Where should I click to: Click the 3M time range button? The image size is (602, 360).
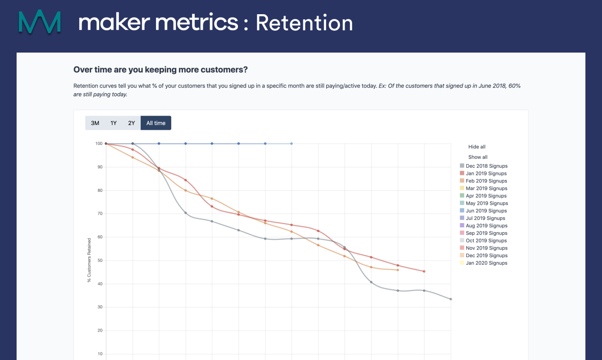tap(95, 123)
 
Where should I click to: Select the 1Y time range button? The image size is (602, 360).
tap(113, 123)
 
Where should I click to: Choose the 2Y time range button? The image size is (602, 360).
tap(131, 123)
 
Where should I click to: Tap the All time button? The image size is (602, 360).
tap(156, 123)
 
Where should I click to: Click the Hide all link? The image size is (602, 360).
tap(477, 147)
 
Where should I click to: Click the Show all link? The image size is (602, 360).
tap(478, 157)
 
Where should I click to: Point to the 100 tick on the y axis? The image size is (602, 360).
tap(99, 144)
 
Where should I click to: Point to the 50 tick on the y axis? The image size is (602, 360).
tap(100, 261)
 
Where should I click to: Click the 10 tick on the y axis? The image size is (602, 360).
tap(100, 354)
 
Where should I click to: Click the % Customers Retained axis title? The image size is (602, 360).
tap(89, 261)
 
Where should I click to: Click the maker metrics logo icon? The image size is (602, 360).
tap(40, 22)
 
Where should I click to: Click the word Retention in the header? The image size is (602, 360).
tap(304, 23)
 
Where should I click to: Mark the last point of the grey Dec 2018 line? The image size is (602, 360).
tap(451, 299)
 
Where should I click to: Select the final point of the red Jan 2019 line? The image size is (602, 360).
tap(424, 271)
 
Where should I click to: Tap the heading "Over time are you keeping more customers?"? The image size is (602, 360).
tap(160, 70)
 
